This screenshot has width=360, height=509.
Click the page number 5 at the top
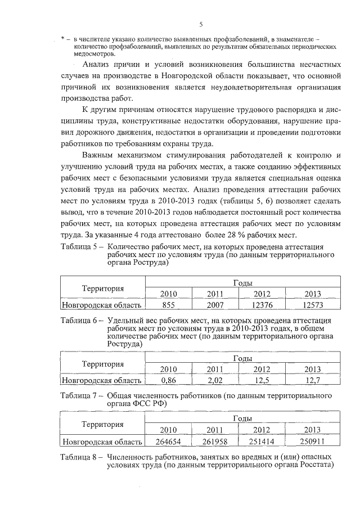(x=200, y=24)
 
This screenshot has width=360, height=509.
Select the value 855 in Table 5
(x=169, y=305)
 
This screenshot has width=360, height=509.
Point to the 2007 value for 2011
(x=215, y=305)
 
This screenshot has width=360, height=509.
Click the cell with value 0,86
(x=169, y=380)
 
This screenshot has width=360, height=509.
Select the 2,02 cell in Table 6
(x=215, y=380)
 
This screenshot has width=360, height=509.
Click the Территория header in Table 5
(x=102, y=289)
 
